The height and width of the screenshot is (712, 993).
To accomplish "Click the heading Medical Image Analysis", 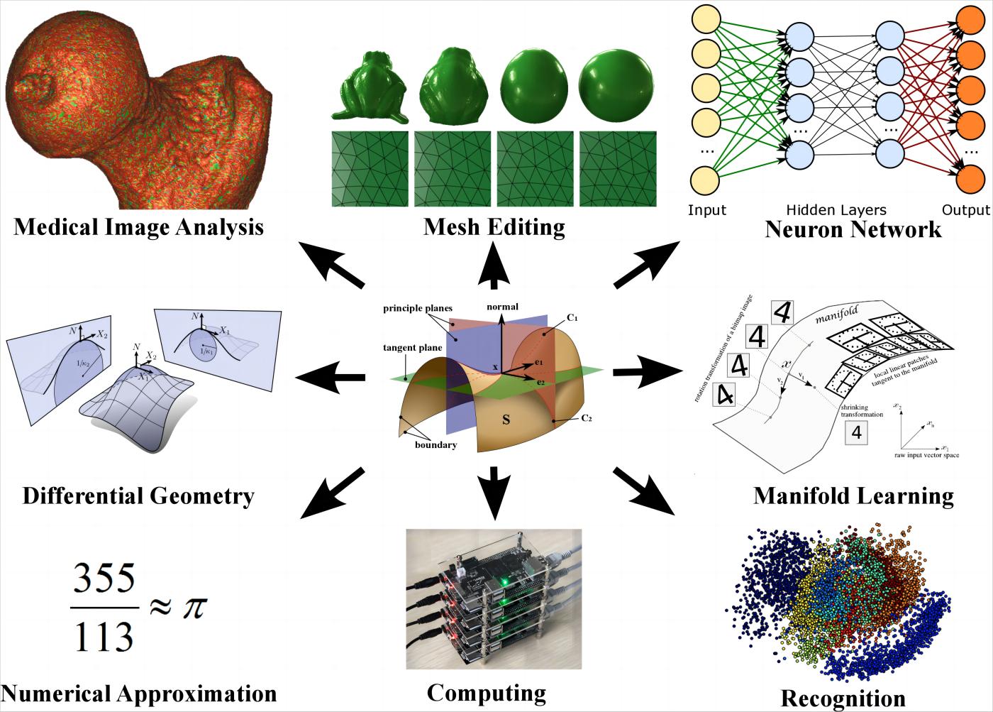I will click(138, 227).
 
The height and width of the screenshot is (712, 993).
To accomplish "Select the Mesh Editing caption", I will click(494, 227).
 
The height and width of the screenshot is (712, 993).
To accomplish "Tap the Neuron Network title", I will click(853, 229).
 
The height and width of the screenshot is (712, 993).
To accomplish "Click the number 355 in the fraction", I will click(104, 581).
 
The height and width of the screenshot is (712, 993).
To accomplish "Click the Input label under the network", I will click(707, 210).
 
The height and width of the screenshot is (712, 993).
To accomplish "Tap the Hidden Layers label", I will click(836, 210).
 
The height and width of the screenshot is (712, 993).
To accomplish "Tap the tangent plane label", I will click(413, 348).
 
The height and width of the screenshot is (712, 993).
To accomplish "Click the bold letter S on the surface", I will click(506, 420).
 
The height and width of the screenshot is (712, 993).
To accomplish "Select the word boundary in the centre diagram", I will click(436, 445).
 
